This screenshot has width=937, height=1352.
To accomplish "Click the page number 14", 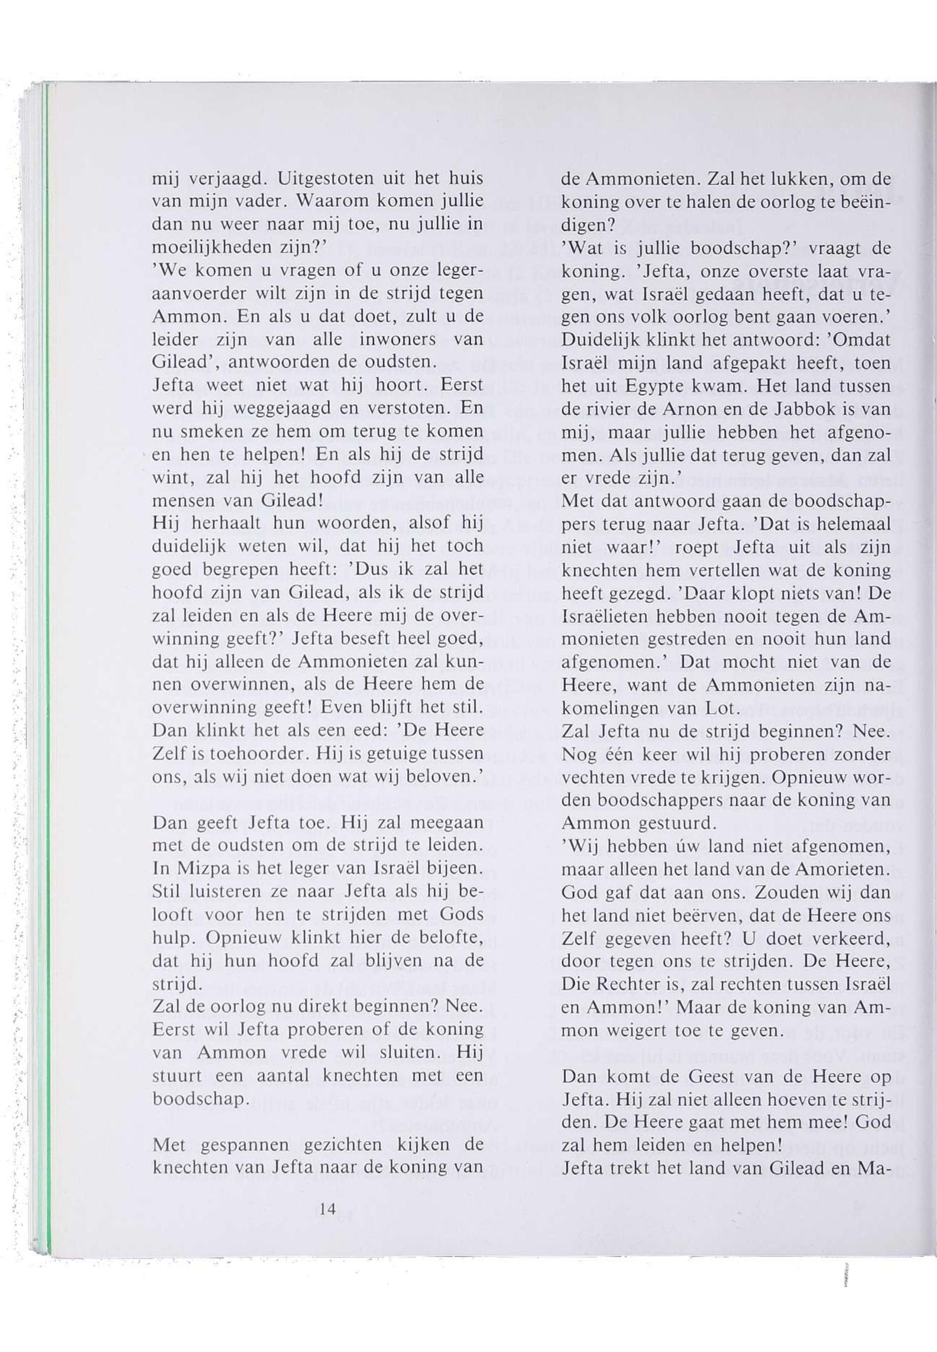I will pos(327,1209).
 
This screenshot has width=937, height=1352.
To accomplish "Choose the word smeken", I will pos(214,432).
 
